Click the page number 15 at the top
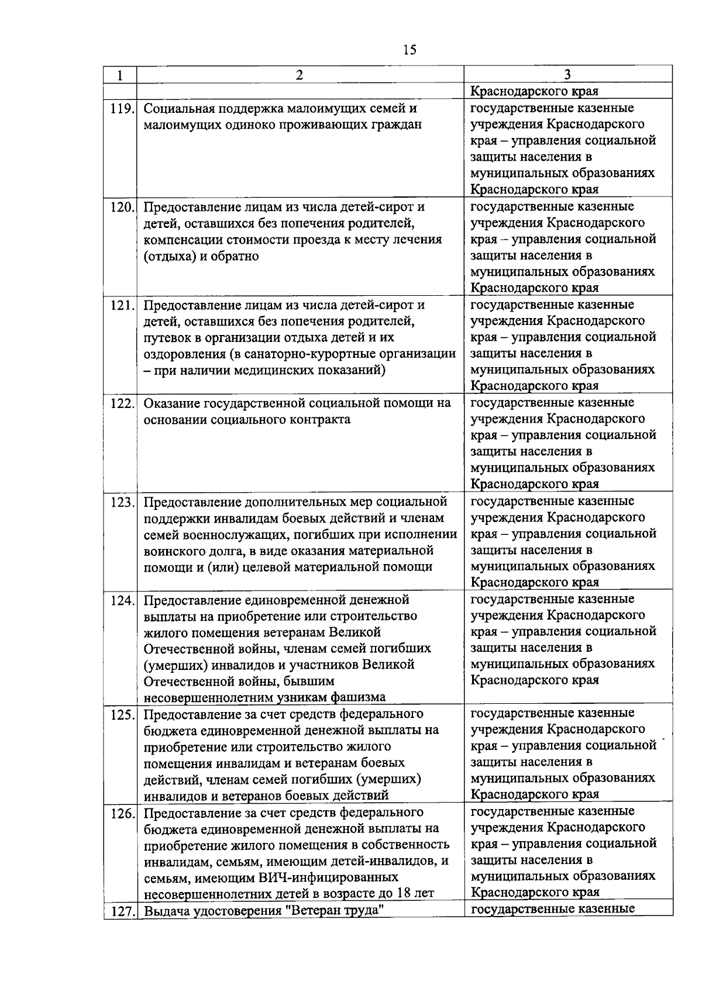tap(409, 50)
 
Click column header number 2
tap(300, 75)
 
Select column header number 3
tap(567, 75)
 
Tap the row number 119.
tap(121, 109)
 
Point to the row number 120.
tap(121, 207)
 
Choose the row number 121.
tap(121, 305)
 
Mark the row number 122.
tap(121, 403)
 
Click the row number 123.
tap(121, 502)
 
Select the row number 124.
tap(121, 600)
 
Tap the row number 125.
tap(121, 714)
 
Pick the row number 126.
tap(121, 813)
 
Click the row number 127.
tap(121, 911)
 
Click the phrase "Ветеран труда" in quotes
tap(338, 910)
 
